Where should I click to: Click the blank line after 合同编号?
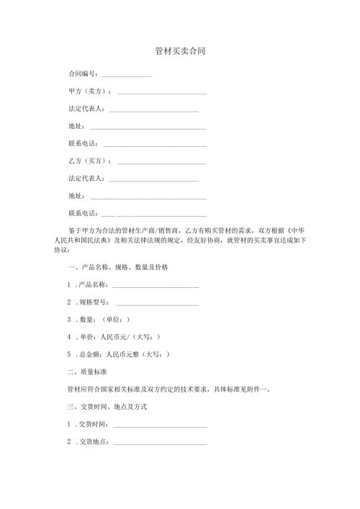tap(126, 76)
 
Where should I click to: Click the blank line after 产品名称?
tap(155, 286)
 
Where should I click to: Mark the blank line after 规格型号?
tap(156, 303)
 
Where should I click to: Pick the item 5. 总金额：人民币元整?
tap(119, 355)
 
